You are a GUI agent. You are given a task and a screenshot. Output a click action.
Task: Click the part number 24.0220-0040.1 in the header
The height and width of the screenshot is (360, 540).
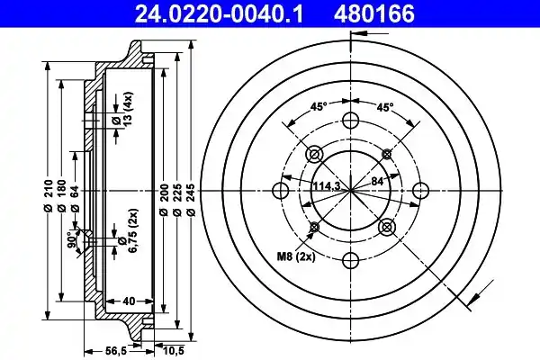click(219, 14)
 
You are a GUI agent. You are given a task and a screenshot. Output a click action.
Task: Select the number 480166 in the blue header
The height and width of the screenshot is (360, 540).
click(374, 14)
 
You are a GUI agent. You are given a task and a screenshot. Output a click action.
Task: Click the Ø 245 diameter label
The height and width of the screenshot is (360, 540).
click(192, 200)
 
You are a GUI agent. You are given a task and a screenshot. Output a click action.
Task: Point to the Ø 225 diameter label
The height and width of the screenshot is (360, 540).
click(177, 200)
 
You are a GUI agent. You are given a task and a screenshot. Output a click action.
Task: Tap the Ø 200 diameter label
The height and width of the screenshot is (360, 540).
click(164, 200)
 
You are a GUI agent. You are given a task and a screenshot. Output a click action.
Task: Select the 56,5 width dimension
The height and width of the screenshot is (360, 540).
click(116, 352)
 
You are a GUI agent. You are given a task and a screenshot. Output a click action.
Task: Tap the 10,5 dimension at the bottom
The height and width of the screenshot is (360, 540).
click(173, 352)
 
